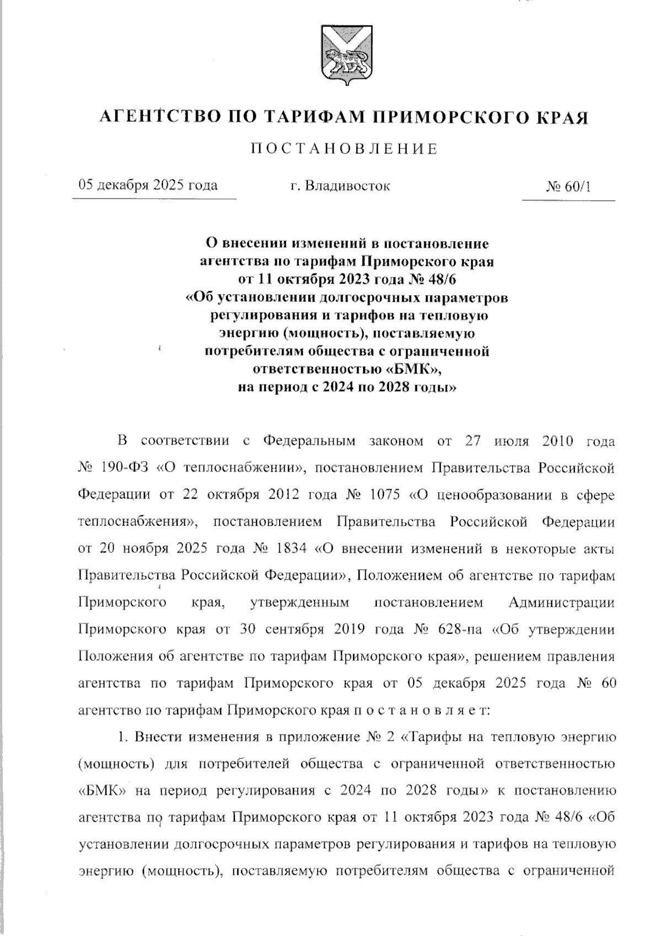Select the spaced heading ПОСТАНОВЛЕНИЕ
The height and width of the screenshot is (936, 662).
(344, 149)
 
